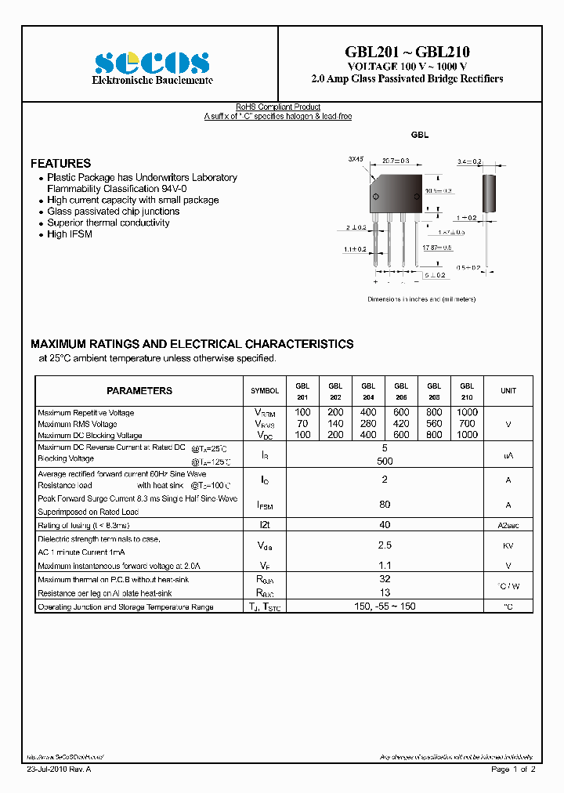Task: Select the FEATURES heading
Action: pyautogui.click(x=60, y=163)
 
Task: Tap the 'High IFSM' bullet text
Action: pyautogui.click(x=70, y=234)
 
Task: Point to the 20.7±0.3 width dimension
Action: pyautogui.click(x=396, y=161)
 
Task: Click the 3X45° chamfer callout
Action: pyautogui.click(x=356, y=159)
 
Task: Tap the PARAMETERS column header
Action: pyautogui.click(x=139, y=390)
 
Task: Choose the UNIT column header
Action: pyautogui.click(x=508, y=390)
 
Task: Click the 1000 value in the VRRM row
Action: pyautogui.click(x=466, y=412)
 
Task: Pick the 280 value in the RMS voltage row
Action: pyautogui.click(x=368, y=423)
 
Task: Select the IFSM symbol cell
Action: pyautogui.click(x=265, y=505)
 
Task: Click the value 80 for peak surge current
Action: pyautogui.click(x=385, y=505)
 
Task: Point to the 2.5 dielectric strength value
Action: pyautogui.click(x=385, y=544)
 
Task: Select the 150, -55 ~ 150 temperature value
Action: pyautogui.click(x=385, y=607)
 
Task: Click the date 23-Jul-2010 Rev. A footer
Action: pyautogui.click(x=58, y=770)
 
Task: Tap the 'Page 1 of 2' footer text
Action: pyautogui.click(x=513, y=770)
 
